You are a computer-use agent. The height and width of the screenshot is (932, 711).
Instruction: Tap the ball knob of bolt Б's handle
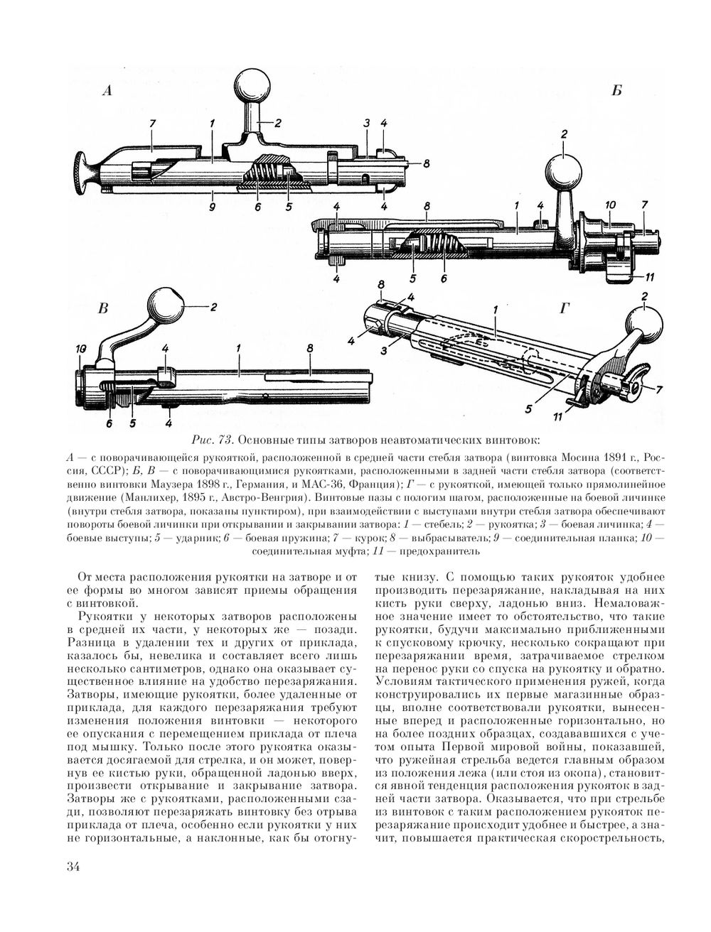(563, 171)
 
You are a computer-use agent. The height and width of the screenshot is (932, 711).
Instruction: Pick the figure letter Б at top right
(616, 90)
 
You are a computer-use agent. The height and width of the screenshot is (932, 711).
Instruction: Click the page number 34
(73, 866)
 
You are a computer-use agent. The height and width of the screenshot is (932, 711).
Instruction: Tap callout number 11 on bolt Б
(651, 276)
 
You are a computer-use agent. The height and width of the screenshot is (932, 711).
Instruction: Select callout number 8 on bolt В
(310, 349)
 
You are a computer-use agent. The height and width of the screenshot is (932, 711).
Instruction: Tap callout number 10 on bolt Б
(609, 205)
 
